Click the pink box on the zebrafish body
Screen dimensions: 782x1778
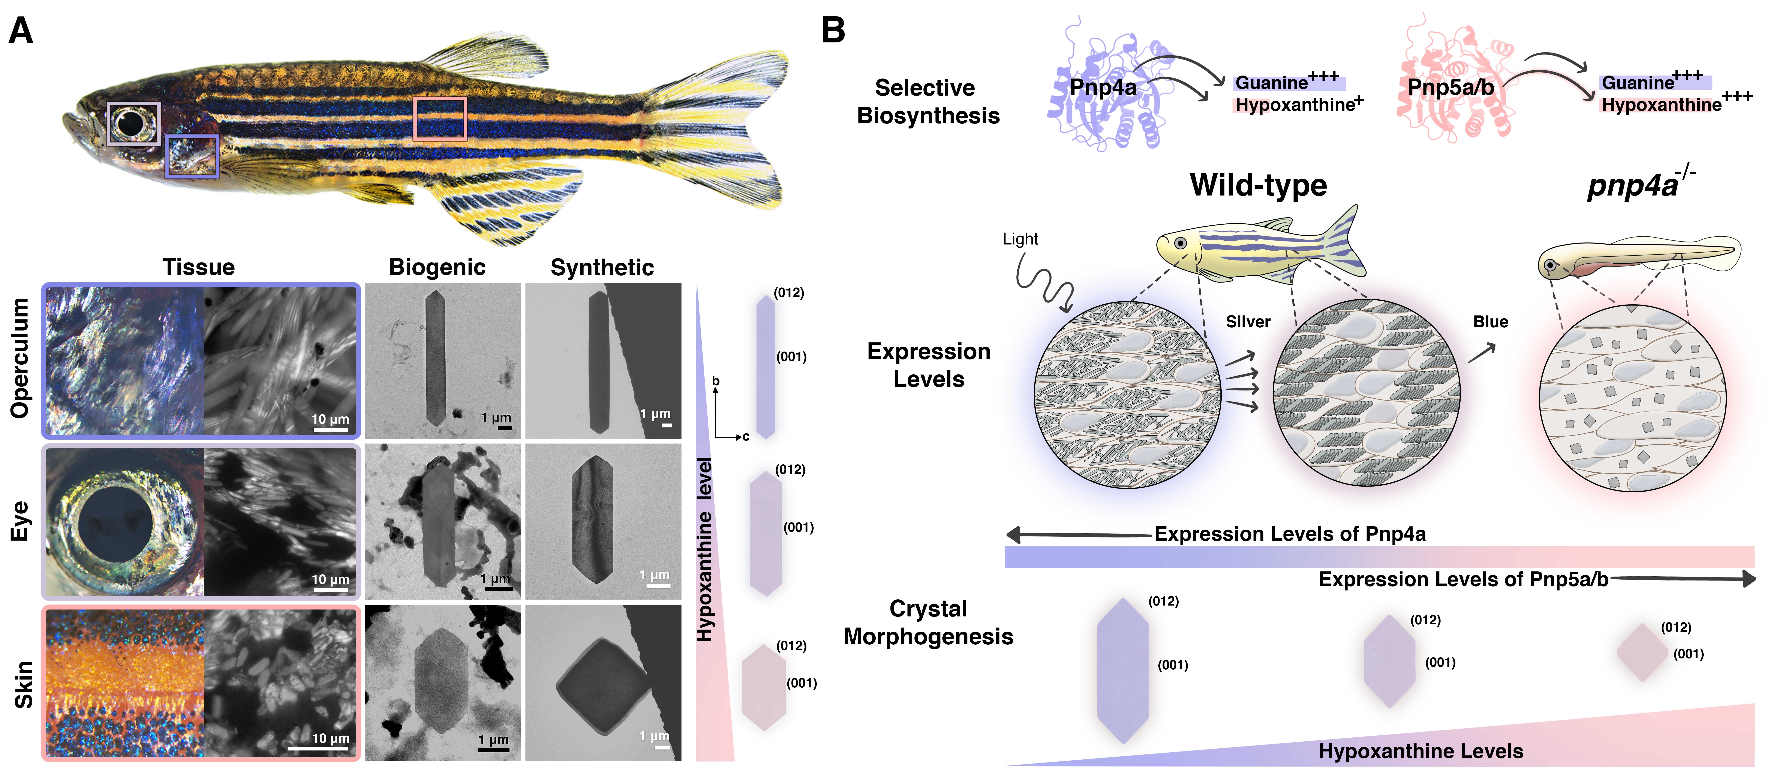[440, 119]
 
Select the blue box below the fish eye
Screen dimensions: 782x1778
[192, 157]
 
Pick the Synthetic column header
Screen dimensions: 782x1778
[602, 267]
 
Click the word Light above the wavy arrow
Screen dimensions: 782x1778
[1020, 239]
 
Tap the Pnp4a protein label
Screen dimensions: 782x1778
[1102, 88]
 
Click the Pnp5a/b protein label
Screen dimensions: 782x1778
[1450, 88]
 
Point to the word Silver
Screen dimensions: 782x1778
[1248, 322]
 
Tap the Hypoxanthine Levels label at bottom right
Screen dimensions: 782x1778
[1420, 751]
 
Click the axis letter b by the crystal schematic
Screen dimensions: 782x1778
[716, 381]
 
